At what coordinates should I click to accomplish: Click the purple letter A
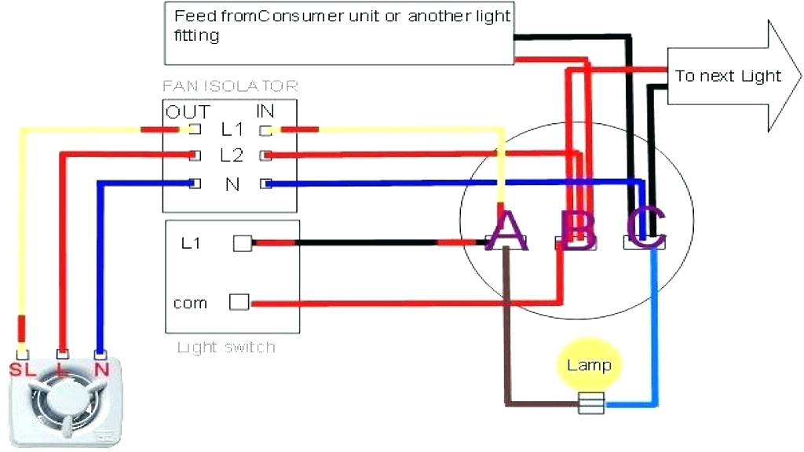point(506,231)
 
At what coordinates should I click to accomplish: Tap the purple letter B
point(579,231)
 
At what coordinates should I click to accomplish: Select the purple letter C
point(646,229)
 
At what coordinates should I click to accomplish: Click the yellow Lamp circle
point(589,365)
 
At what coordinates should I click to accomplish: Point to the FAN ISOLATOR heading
point(230,86)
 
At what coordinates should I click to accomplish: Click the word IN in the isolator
point(265,112)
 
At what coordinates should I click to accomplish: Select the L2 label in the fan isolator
point(232,155)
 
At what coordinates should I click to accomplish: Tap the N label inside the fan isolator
point(232,184)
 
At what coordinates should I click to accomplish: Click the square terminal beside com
point(239,301)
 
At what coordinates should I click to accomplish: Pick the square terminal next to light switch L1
point(243,244)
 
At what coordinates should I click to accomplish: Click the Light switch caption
point(226,347)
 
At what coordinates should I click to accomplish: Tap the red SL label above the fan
point(21,368)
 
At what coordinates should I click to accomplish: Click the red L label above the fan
point(61,368)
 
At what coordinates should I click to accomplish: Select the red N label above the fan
point(100,368)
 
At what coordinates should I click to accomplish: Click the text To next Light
point(728,76)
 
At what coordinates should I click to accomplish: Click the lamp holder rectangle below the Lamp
point(590,404)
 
